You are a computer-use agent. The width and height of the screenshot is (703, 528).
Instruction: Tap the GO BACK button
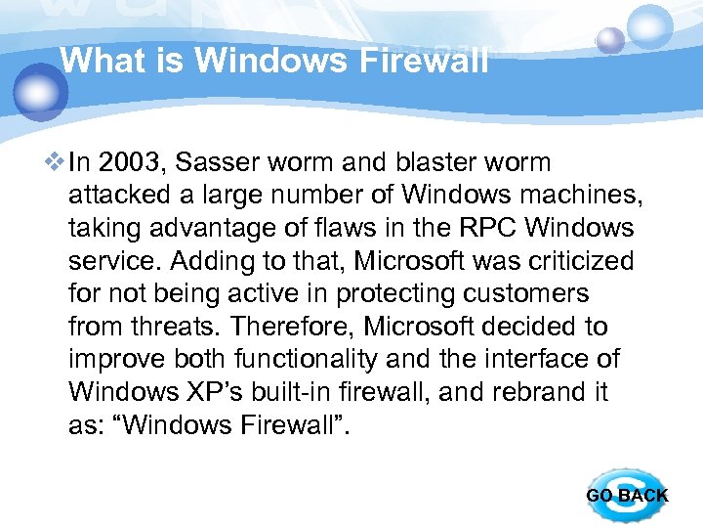(x=627, y=495)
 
